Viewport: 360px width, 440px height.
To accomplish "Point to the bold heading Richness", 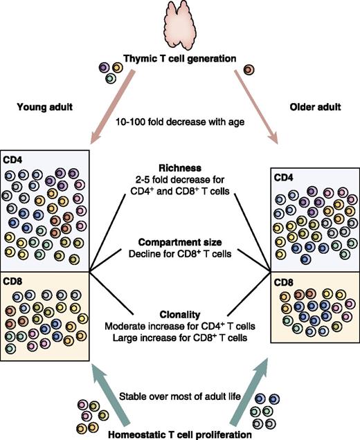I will point(179,167).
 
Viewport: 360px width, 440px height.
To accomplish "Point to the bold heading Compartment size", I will point(179,241).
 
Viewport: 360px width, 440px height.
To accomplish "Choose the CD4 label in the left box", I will point(15,158).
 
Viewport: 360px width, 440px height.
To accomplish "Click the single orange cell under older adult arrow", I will point(249,69).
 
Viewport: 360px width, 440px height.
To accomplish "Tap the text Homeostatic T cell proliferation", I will point(179,433).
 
